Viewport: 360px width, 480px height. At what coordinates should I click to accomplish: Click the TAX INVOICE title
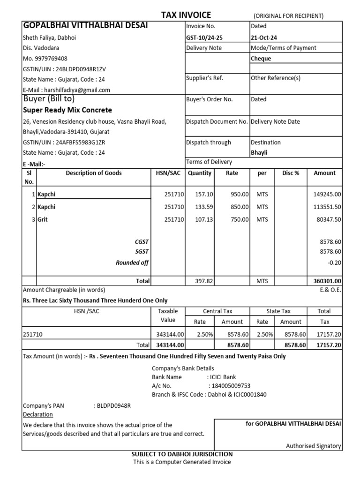pos(186,15)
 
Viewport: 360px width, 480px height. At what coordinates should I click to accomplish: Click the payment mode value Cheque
pos(261,59)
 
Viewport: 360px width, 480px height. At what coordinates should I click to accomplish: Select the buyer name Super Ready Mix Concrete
pos(67,110)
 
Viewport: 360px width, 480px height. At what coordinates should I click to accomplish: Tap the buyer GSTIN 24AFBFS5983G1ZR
pos(80,142)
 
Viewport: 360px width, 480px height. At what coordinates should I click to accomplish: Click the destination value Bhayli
pos(259,152)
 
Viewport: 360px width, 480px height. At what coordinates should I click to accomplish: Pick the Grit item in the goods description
pos(43,219)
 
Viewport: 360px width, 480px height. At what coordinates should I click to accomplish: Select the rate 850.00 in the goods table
pos(239,207)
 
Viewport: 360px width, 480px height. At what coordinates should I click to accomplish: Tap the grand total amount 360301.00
pos(327,281)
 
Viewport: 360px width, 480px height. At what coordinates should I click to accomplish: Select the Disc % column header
pos(291,173)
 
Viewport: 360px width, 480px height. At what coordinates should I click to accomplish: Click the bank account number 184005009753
pos(231,386)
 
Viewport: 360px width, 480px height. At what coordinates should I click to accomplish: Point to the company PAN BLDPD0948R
pos(113,405)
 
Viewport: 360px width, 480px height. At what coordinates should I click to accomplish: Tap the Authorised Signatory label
pos(313,446)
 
